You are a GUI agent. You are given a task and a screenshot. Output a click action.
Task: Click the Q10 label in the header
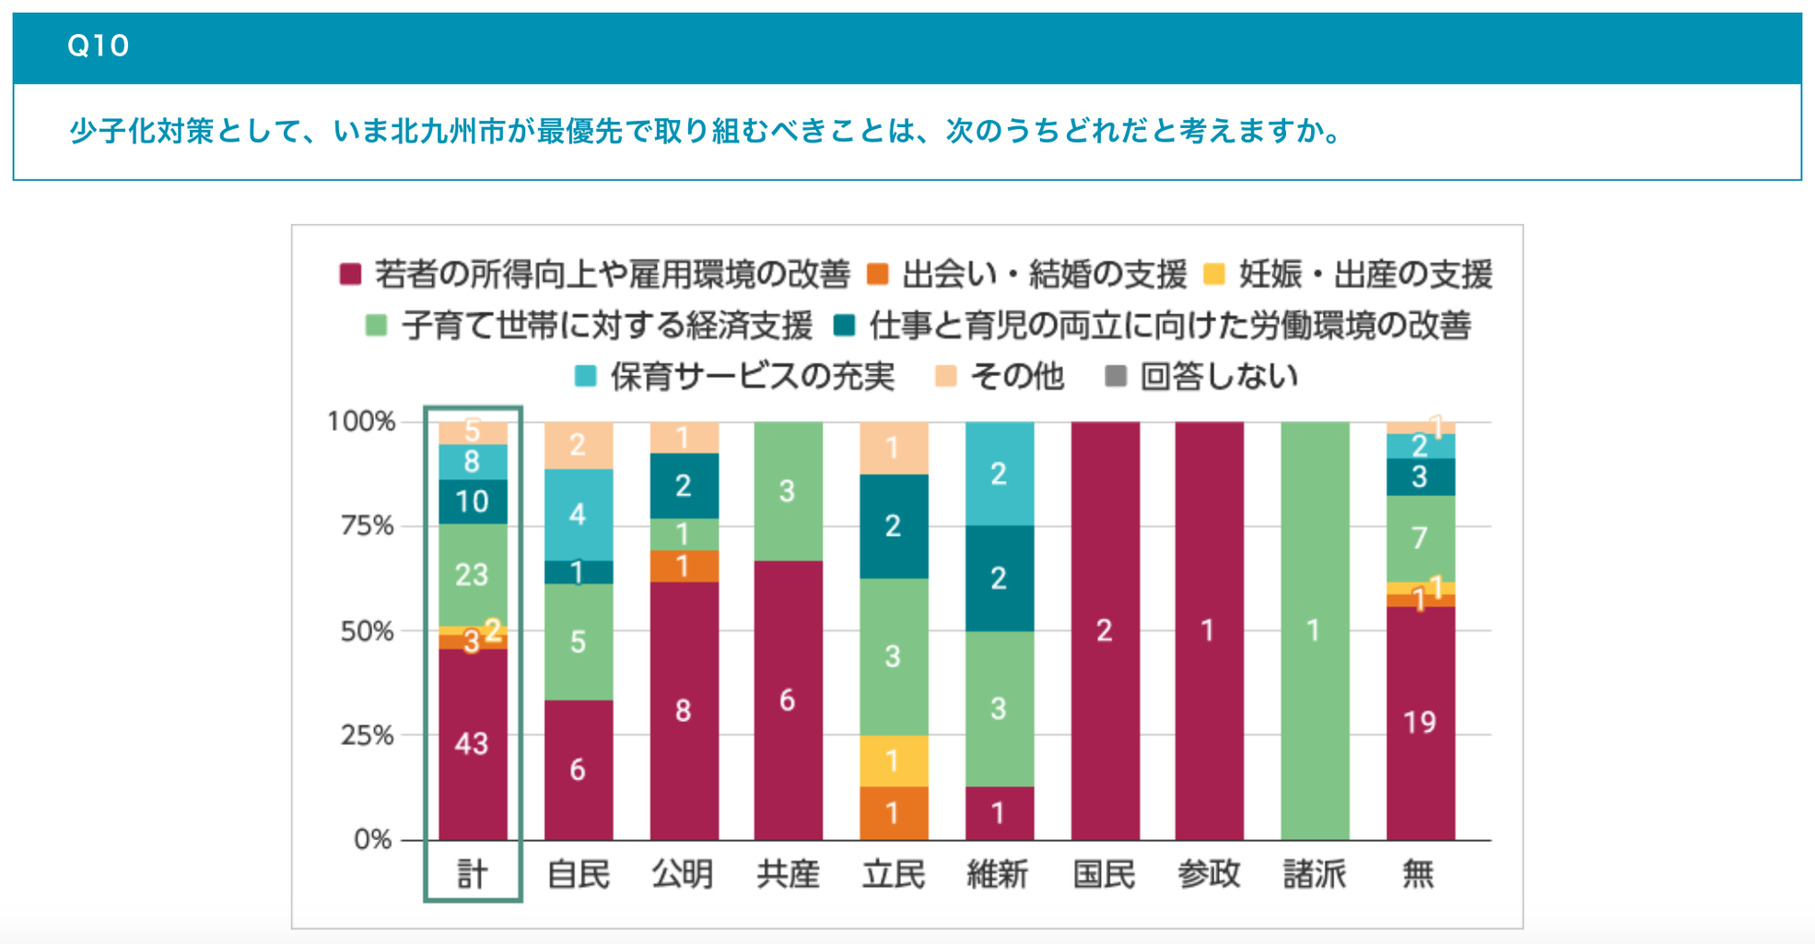click(x=98, y=45)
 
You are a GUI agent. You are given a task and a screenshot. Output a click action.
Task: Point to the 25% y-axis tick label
click(x=367, y=736)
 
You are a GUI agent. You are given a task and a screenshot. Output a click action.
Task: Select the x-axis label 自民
click(x=578, y=874)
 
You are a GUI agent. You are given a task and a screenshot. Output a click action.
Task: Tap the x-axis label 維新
click(x=998, y=874)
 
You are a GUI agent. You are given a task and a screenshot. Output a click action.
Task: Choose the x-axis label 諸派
click(x=1315, y=874)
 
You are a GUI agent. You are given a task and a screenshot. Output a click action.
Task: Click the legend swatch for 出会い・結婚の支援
click(x=878, y=274)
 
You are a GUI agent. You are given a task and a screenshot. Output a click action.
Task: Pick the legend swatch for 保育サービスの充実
click(x=585, y=376)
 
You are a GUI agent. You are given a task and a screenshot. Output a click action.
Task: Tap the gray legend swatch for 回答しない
click(x=1116, y=376)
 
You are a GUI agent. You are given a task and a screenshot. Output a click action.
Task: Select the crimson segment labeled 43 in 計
click(x=472, y=744)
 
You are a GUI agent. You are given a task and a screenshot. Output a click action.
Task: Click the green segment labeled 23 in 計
click(x=472, y=574)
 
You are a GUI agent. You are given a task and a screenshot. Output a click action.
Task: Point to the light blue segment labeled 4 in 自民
click(x=578, y=514)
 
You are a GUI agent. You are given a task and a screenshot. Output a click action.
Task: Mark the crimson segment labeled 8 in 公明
click(x=683, y=710)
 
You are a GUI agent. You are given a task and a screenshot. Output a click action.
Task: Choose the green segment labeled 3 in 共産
click(x=788, y=490)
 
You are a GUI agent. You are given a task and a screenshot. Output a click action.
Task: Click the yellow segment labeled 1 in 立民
click(x=893, y=761)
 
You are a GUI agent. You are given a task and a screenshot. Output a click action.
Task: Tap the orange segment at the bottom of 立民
click(x=893, y=813)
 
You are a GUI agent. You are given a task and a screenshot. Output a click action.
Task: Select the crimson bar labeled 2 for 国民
click(x=1105, y=631)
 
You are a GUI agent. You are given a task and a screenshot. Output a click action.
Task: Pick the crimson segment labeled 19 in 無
click(x=1420, y=722)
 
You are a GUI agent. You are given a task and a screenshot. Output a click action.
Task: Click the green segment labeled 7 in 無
click(x=1420, y=537)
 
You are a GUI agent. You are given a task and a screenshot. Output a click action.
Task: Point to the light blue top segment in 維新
click(x=999, y=474)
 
